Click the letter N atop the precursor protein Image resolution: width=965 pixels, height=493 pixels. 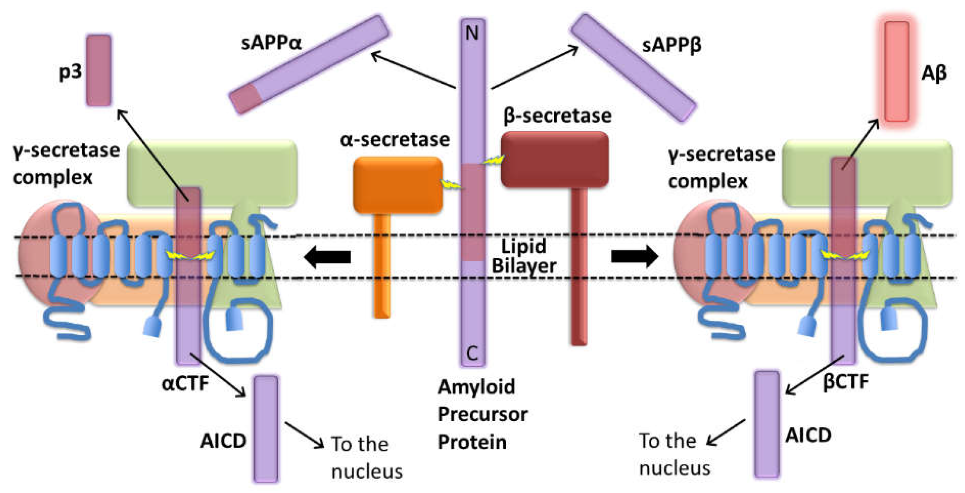pos(472,33)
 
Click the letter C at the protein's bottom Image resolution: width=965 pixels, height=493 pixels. pos(472,353)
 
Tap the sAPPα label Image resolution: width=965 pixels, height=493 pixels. pos(271,43)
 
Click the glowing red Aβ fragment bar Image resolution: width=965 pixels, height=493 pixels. pos(896,71)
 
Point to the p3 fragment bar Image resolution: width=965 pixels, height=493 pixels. pos(99,71)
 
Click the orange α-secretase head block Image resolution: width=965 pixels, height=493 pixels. pos(398,185)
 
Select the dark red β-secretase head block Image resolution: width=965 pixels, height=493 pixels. pos(554,160)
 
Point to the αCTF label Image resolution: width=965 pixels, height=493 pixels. pos(185,383)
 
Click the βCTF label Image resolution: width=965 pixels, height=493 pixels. pos(846,382)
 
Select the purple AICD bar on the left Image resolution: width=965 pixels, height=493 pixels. pos(266,428)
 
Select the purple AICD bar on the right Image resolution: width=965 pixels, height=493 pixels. pos(767,425)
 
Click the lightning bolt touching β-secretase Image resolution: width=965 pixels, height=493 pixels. pos(493,160)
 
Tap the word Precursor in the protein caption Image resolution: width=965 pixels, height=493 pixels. pos(483,414)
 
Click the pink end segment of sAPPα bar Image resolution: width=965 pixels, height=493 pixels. pos(246,98)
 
